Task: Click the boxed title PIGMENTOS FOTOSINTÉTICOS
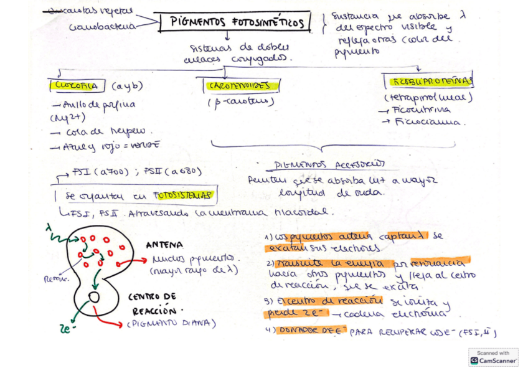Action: (x=238, y=23)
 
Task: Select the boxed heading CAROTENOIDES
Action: (x=239, y=85)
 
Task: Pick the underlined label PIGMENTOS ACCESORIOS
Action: (x=330, y=165)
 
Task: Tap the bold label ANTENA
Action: (x=164, y=245)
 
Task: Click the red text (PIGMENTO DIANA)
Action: (x=171, y=323)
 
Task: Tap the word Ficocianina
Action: (x=430, y=122)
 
